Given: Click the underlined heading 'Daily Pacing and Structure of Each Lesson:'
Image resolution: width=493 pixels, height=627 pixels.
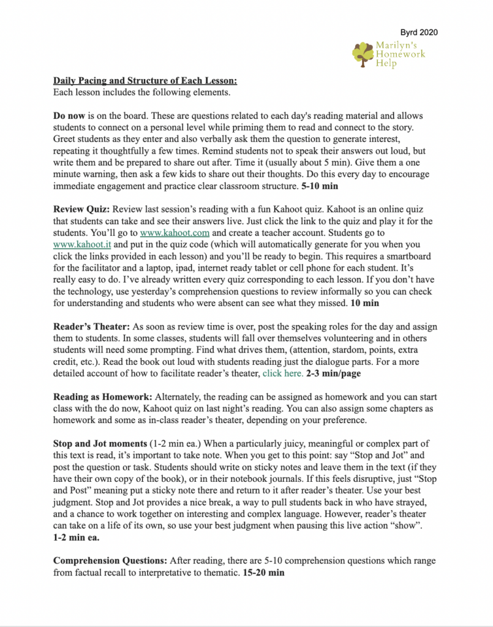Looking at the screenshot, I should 145,81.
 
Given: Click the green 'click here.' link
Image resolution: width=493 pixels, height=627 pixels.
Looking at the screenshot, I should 282,373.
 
